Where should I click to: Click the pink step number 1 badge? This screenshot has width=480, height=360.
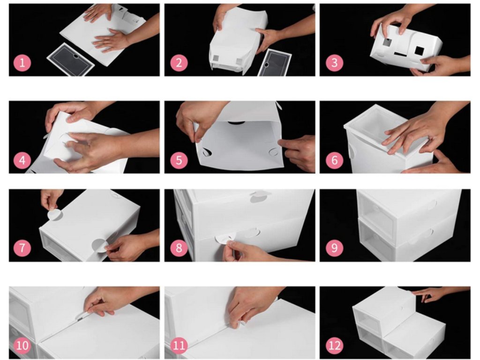[22, 63]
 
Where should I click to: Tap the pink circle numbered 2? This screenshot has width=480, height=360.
[179, 63]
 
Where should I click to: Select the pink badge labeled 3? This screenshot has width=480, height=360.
[335, 63]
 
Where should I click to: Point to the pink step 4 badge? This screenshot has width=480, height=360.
[22, 160]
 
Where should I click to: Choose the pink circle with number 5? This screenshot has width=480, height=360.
[179, 160]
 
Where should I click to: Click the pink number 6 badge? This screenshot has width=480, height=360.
[335, 160]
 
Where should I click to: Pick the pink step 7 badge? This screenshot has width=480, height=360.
[22, 247]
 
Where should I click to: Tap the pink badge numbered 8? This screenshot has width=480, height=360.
[179, 247]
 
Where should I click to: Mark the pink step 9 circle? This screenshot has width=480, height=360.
[335, 247]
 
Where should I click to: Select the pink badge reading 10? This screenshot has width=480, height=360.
[22, 345]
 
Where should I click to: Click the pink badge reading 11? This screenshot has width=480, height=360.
[179, 345]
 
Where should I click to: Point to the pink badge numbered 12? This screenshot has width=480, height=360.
[335, 345]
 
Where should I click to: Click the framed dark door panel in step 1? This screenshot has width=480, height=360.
[71, 60]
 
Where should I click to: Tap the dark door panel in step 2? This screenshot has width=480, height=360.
[274, 63]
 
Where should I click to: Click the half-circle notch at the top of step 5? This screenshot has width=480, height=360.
[236, 123]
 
